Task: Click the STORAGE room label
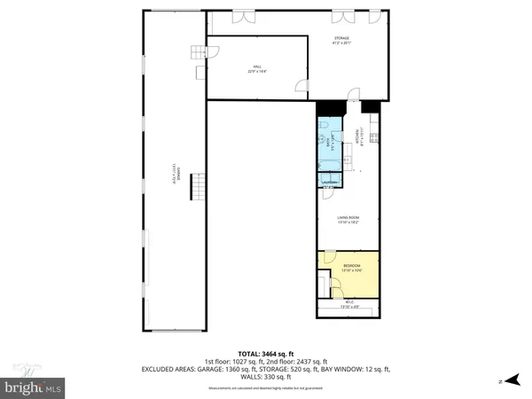[341, 40]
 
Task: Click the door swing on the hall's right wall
[301, 87]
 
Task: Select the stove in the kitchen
[375, 137]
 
